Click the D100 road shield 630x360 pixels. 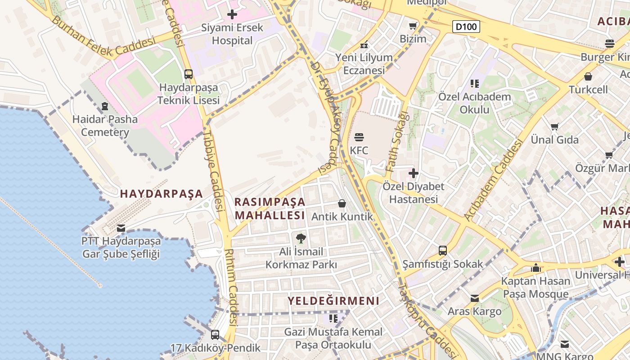[466, 27]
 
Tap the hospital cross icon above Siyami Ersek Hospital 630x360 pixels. [232, 15]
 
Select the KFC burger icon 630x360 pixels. [359, 137]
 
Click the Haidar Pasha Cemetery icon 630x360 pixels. [105, 106]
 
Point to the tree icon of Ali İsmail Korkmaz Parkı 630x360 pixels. [301, 238]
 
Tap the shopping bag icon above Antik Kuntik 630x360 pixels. [342, 203]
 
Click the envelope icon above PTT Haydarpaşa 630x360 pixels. [121, 228]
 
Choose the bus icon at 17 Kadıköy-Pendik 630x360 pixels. [215, 334]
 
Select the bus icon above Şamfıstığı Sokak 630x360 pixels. [443, 251]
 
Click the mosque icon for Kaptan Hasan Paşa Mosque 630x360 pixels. [535, 268]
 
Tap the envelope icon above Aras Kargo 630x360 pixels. [475, 298]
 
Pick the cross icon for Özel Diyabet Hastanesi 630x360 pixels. [414, 173]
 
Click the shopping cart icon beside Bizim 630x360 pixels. [413, 26]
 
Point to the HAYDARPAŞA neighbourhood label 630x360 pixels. [162, 194]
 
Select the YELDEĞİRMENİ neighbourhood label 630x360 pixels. [333, 301]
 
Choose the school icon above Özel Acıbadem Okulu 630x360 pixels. [475, 83]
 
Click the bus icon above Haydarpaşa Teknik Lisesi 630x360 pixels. [189, 74]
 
